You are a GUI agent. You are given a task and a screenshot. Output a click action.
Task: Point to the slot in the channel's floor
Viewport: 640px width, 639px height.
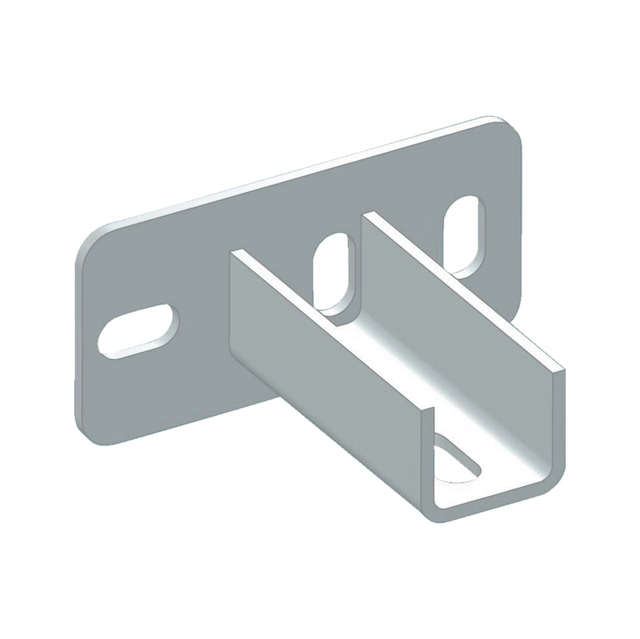454,463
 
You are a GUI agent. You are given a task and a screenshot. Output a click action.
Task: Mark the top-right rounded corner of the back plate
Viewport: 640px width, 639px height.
508,128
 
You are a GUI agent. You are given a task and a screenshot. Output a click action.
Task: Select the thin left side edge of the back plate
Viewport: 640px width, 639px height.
77,336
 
